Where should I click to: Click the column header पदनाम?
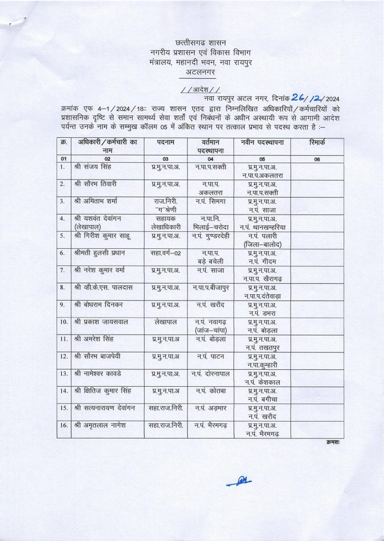pyautogui.click(x=165, y=143)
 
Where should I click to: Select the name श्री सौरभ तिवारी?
pyautogui.click(x=97, y=184)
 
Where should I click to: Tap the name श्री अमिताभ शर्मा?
pyautogui.click(x=99, y=201)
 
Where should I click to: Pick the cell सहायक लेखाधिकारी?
pyautogui.click(x=165, y=222)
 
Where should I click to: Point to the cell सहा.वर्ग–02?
pyautogui.click(x=165, y=253)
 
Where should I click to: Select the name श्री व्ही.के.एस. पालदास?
pyautogui.click(x=106, y=287)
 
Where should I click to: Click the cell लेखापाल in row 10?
pyautogui.click(x=165, y=322)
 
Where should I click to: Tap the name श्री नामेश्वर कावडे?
pyautogui.click(x=102, y=374)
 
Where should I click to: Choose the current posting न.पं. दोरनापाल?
pyautogui.click(x=210, y=374)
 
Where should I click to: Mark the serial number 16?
pyautogui.click(x=63, y=425)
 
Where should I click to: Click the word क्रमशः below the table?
pyautogui.click(x=333, y=442)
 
